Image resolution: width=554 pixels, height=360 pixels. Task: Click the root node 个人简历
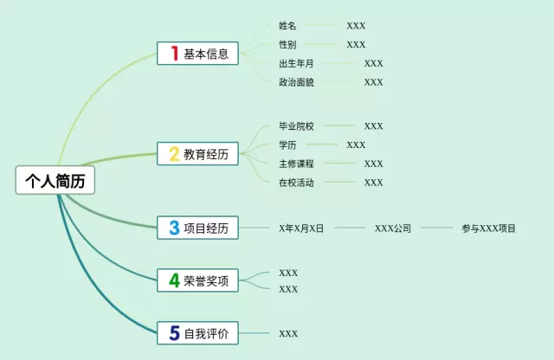(x=55, y=180)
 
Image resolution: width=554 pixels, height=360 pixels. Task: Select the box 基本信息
(x=197, y=54)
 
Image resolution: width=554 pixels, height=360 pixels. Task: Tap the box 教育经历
(x=197, y=154)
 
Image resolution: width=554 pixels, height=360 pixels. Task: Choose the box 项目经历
(x=197, y=228)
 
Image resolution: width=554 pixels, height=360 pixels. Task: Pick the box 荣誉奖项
(x=197, y=280)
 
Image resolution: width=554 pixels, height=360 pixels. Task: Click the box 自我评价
(x=197, y=333)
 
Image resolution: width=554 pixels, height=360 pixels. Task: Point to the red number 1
(x=175, y=54)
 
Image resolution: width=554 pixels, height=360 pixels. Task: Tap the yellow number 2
(x=174, y=154)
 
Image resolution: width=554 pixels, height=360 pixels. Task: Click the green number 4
(x=174, y=280)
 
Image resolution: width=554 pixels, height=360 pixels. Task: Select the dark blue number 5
(x=175, y=333)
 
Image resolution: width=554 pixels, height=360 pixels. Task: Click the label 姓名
(x=287, y=25)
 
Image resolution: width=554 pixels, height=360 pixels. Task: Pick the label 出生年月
(x=296, y=63)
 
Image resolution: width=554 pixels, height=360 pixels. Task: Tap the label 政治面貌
(x=296, y=82)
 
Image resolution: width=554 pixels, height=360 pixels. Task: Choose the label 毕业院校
(x=296, y=126)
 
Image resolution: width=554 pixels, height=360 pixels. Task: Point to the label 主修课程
(x=296, y=164)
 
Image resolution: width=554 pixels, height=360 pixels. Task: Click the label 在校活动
(x=296, y=183)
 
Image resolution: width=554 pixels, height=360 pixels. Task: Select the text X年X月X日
(x=301, y=228)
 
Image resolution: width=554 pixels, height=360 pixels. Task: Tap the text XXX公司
(x=393, y=228)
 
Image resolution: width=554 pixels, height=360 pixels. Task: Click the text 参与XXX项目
(x=488, y=228)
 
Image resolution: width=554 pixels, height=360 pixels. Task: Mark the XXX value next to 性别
(x=356, y=44)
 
